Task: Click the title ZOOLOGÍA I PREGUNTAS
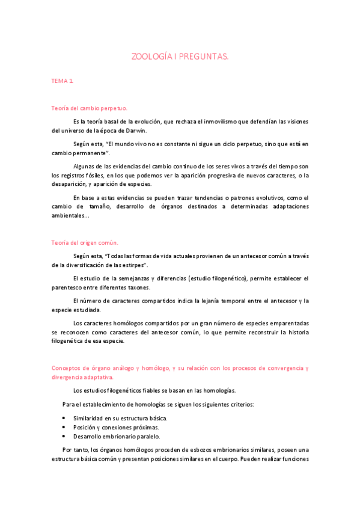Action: click(180, 57)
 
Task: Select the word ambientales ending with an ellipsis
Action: click(71, 215)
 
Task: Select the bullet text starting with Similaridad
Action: click(120, 418)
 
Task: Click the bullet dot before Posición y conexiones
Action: click(64, 427)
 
